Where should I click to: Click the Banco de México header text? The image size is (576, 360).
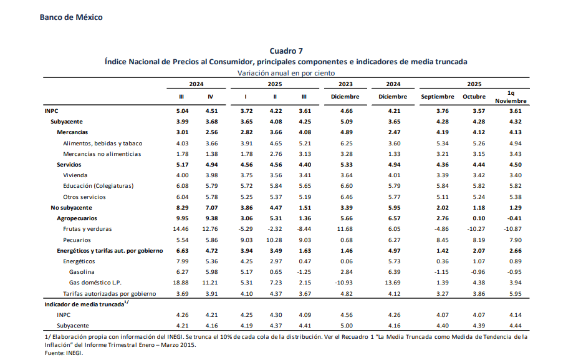coord(71,17)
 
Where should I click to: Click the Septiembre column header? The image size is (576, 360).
coord(437,97)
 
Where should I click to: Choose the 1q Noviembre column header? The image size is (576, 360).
coord(511,97)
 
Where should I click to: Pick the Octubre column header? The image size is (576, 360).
coord(474,97)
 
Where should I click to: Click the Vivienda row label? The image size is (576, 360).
coord(75,175)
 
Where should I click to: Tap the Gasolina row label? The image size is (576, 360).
coord(82,272)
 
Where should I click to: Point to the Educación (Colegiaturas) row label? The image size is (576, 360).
coord(98,186)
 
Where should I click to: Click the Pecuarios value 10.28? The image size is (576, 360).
coord(275,240)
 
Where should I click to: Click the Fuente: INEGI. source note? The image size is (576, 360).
coord(60,353)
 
